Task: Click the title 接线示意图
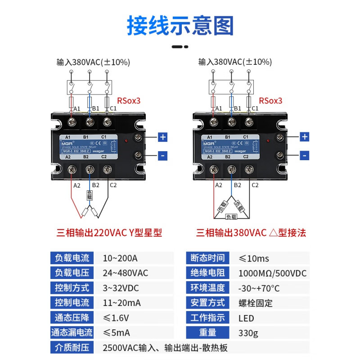(180, 26)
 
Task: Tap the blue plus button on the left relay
(163, 137)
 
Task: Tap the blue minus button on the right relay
(305, 156)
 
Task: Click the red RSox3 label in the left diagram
(129, 101)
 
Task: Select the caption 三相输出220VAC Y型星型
(109, 233)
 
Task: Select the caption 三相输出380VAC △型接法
(251, 233)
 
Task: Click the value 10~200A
(120, 258)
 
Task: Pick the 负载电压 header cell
(72, 273)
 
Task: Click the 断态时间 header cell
(207, 258)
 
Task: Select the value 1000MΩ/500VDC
(272, 273)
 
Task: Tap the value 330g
(248, 333)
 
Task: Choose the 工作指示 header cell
(207, 318)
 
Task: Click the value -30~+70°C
(259, 288)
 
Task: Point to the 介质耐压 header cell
(72, 348)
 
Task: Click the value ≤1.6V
(116, 318)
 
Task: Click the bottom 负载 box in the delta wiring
(231, 216)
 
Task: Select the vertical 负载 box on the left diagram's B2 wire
(90, 196)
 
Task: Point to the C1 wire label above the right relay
(255, 108)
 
